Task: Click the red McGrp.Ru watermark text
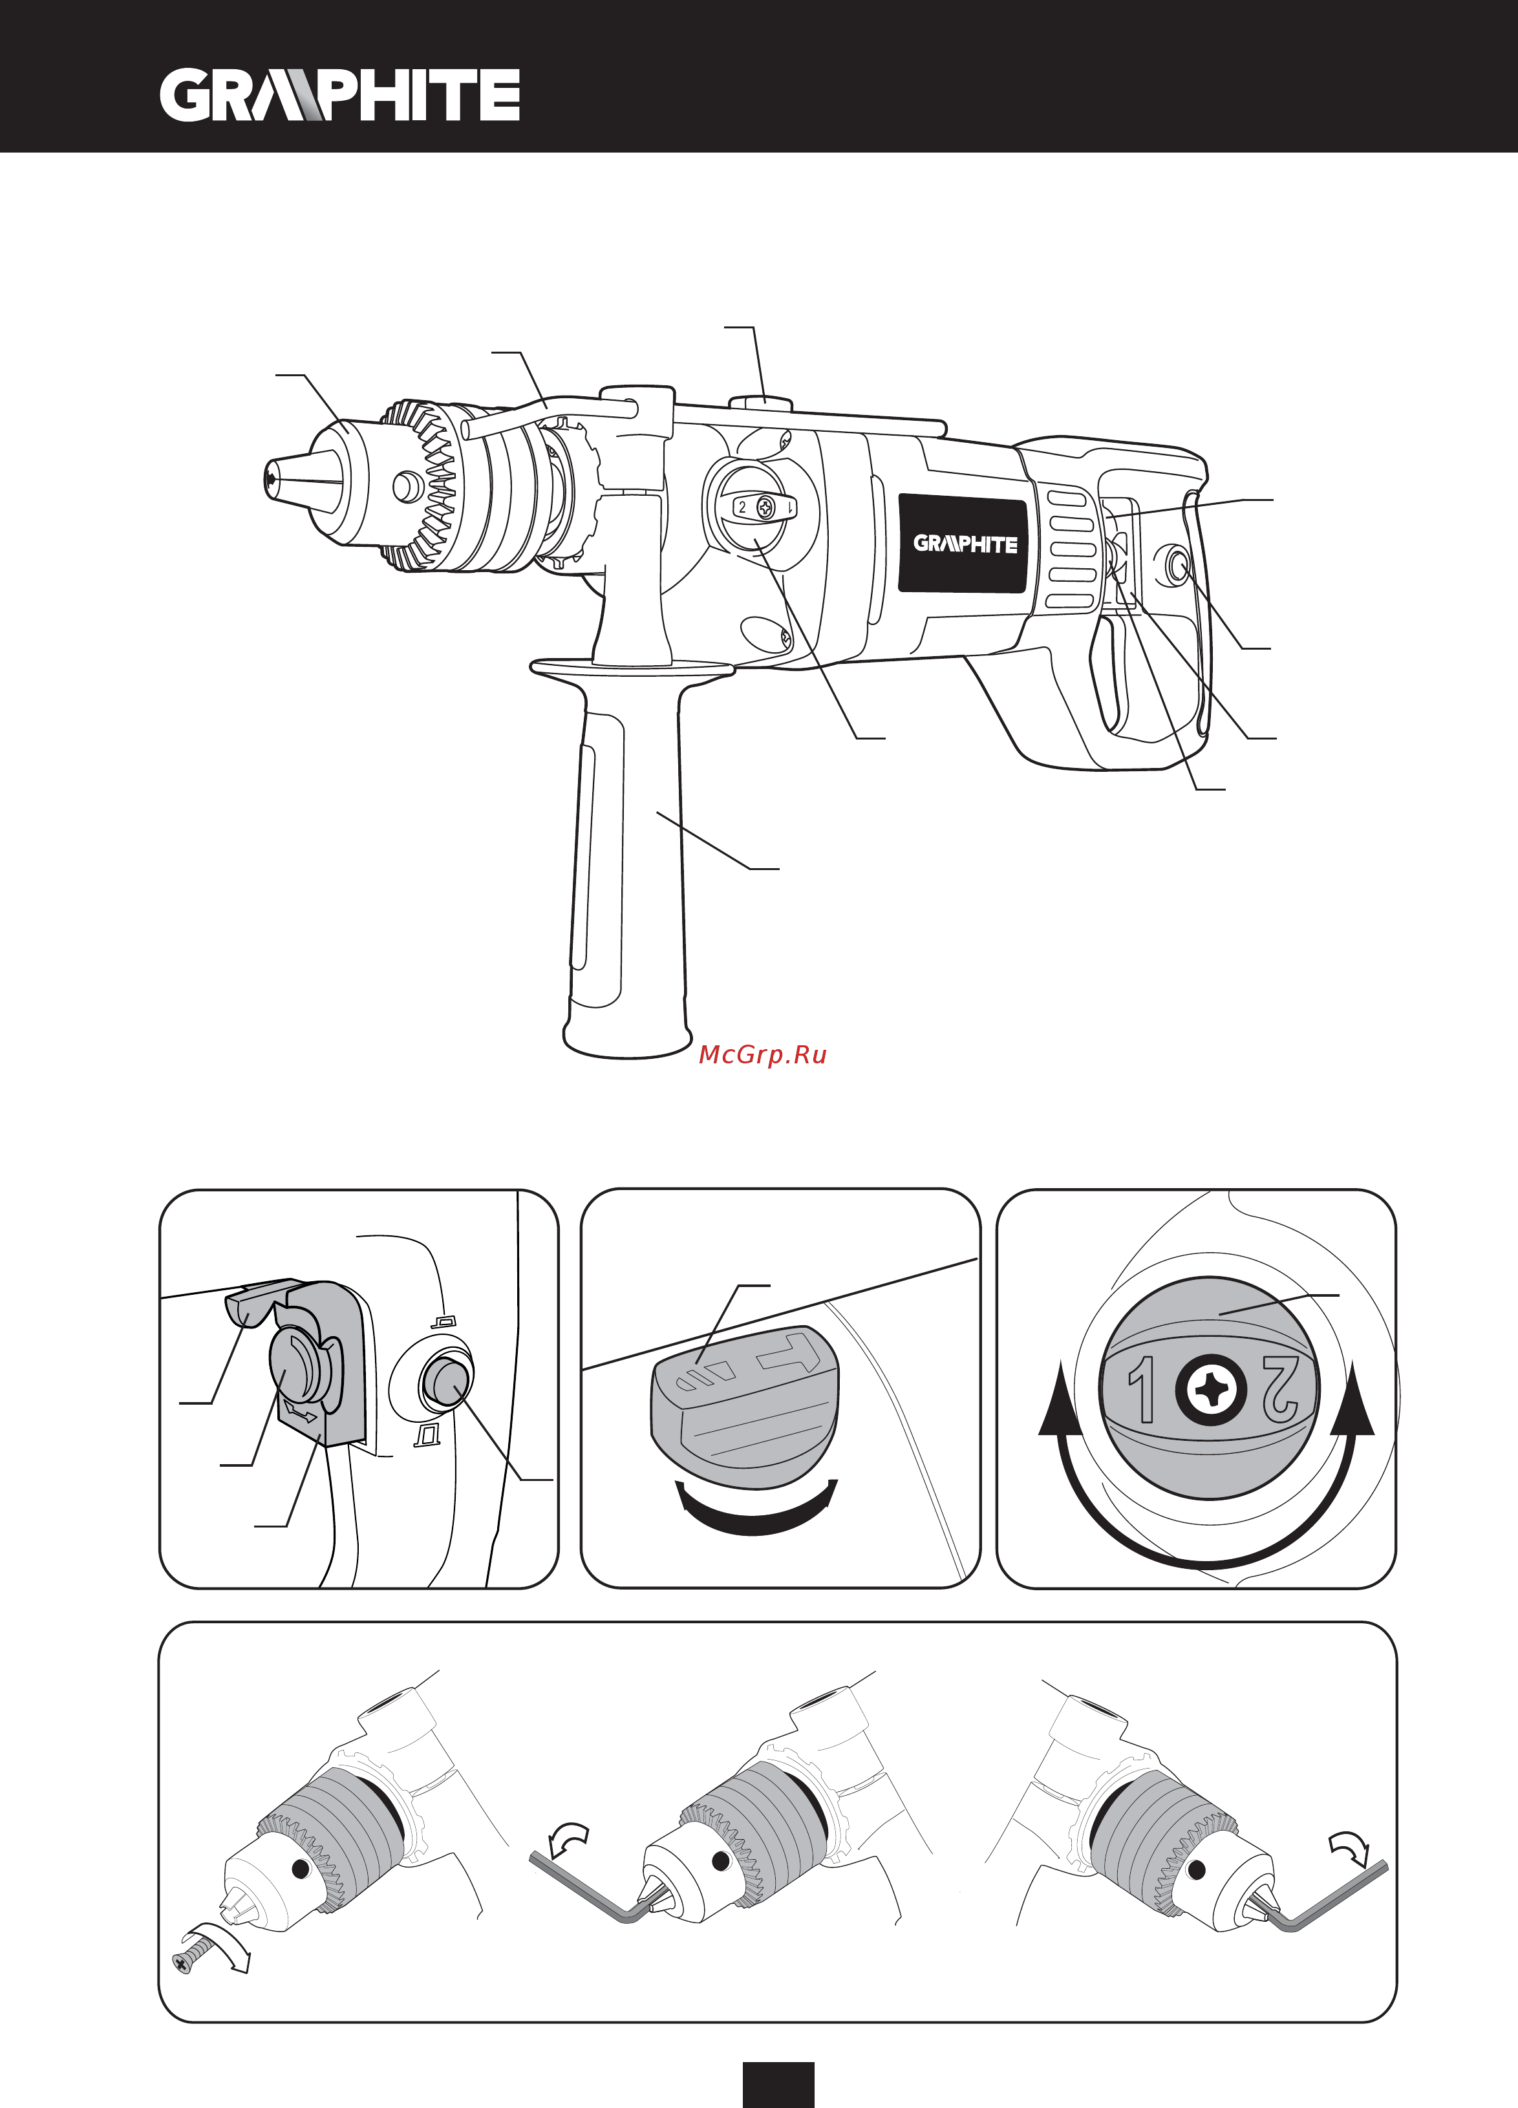tap(762, 1055)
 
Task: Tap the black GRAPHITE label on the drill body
tap(965, 544)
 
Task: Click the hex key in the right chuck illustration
tap(1329, 1896)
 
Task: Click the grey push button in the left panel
tap(444, 1382)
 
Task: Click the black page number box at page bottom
tap(778, 2085)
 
